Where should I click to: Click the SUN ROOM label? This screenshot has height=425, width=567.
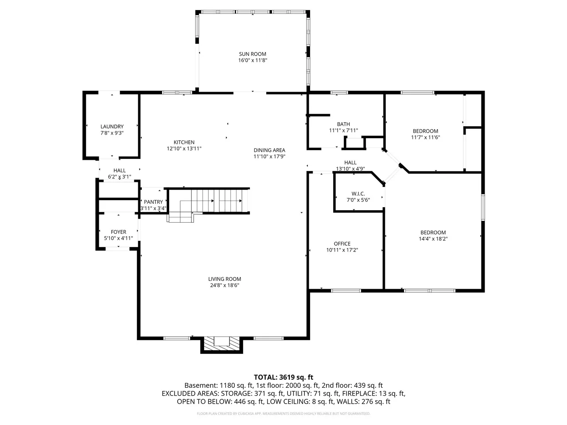[x=252, y=54]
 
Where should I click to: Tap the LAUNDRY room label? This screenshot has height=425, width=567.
[x=112, y=127]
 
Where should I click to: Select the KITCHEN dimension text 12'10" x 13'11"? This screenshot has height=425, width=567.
[x=184, y=148]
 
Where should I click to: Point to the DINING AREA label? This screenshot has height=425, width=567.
[x=269, y=150]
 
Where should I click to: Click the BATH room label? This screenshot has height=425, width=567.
[x=343, y=124]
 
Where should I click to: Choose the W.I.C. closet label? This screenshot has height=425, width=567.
[x=358, y=193]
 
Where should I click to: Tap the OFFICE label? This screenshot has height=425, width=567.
[x=342, y=243]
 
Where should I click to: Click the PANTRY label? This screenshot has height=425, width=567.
[x=153, y=202]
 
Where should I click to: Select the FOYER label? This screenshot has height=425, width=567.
[x=118, y=232]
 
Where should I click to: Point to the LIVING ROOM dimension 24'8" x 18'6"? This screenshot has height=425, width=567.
[x=225, y=285]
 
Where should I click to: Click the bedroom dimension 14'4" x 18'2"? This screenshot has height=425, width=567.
[x=433, y=239]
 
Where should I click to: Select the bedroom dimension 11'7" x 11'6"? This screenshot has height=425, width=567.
[x=425, y=137]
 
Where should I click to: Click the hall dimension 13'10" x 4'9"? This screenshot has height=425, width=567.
[x=350, y=169]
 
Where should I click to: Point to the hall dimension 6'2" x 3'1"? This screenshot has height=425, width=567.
[x=119, y=177]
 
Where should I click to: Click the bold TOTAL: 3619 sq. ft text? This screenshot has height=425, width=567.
[x=283, y=377]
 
